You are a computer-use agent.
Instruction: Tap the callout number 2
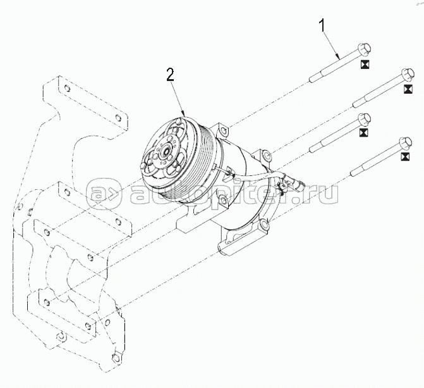pos(170,75)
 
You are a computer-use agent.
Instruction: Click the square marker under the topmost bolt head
pos(365,64)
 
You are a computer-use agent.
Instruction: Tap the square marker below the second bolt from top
pos(406,91)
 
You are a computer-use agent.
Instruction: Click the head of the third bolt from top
pos(363,120)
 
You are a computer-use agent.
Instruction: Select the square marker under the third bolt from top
pos(363,134)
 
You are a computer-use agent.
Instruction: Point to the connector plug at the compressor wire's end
pos(294,184)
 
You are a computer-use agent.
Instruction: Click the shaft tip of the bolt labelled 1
pos(311,80)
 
